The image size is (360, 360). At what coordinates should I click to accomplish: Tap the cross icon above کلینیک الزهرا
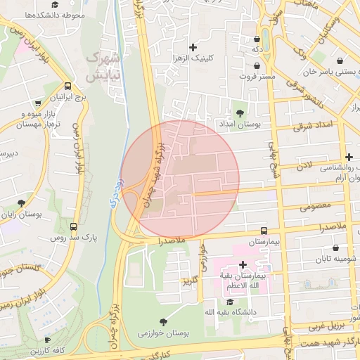coord(193,47)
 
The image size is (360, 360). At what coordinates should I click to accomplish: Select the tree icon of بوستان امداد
coord(240,112)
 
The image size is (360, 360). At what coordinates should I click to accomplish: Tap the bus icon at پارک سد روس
coord(74,226)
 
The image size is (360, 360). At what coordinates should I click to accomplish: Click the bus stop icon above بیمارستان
coord(264,230)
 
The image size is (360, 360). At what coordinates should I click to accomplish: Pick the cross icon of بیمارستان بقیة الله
coord(243,265)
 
